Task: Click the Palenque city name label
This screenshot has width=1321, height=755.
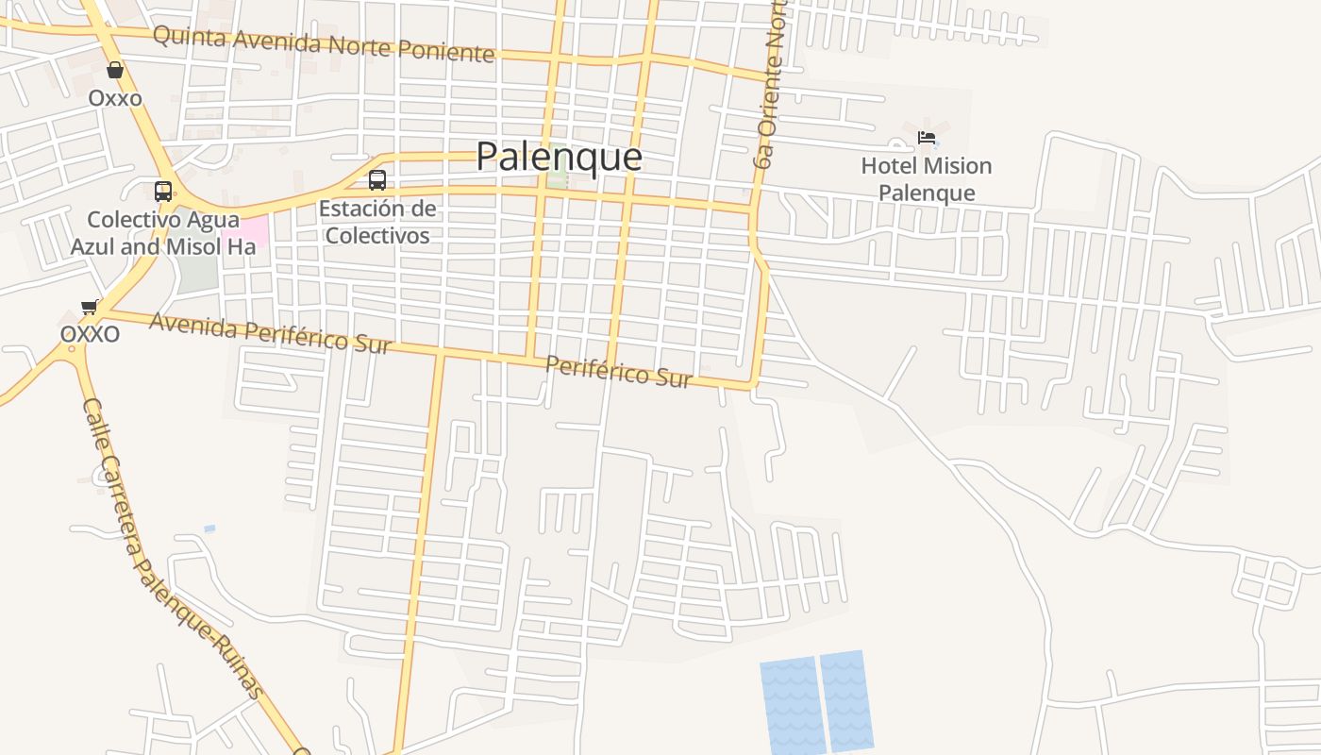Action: pos(559,157)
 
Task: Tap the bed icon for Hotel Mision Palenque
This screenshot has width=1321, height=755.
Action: pos(927,138)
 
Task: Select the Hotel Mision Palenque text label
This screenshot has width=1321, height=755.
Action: pos(926,179)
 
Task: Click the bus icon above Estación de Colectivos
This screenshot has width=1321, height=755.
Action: pos(377,179)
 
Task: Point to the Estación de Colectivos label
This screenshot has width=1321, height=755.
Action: pos(377,222)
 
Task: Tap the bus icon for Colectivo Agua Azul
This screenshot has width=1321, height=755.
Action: pos(163,192)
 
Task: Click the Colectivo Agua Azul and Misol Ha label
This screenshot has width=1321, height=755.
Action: pos(162,233)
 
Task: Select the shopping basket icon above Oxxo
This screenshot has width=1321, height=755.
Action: pos(115,70)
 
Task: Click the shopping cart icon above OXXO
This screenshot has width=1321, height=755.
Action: pos(90,307)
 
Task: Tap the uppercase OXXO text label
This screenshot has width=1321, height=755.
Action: pos(90,334)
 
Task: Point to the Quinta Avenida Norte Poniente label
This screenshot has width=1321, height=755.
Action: pos(324,43)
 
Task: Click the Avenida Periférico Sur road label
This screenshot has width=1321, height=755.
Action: pos(270,333)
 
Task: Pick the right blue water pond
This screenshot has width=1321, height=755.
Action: pos(846,700)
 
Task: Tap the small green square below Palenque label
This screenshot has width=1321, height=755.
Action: pos(558,179)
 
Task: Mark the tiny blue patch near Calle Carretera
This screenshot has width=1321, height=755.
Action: pos(209,528)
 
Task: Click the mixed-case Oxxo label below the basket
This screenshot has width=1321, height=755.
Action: pos(115,98)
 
